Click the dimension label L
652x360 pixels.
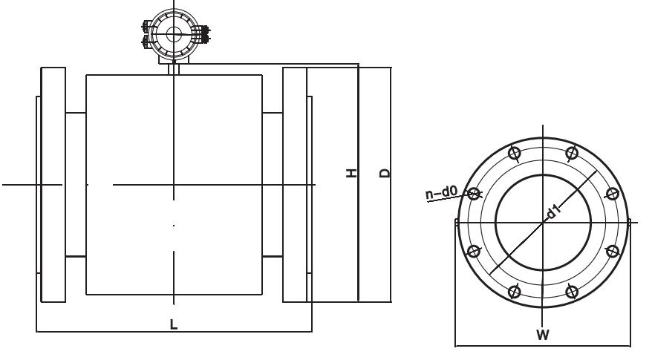pyautogui.click(x=174, y=324)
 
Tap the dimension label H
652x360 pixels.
pyautogui.click(x=352, y=173)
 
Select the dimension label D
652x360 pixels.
pyautogui.click(x=385, y=173)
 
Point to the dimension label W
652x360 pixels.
pyautogui.click(x=543, y=334)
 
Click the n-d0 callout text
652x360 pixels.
pyautogui.click(x=441, y=192)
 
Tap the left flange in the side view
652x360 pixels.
pyautogui.click(x=53, y=185)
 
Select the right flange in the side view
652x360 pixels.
pyautogui.click(x=295, y=185)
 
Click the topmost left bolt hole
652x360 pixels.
pyautogui.click(x=515, y=153)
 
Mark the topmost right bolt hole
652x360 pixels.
pyautogui.click(x=572, y=153)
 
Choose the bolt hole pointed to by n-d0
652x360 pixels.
pyautogui.click(x=474, y=194)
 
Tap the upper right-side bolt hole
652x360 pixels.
pyautogui.click(x=613, y=194)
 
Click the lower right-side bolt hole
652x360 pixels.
pyautogui.click(x=613, y=251)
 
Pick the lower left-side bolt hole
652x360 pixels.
pyautogui.click(x=474, y=251)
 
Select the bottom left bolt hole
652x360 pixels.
pyautogui.click(x=515, y=292)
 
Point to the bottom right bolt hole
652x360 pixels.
pyautogui.click(x=572, y=292)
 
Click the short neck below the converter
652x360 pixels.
pyautogui.click(x=174, y=69)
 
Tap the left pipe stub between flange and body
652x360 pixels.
pyautogui.click(x=76, y=185)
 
